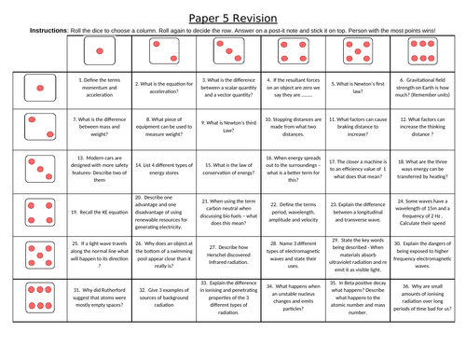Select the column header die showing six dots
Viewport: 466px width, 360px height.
[x=423, y=53]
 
